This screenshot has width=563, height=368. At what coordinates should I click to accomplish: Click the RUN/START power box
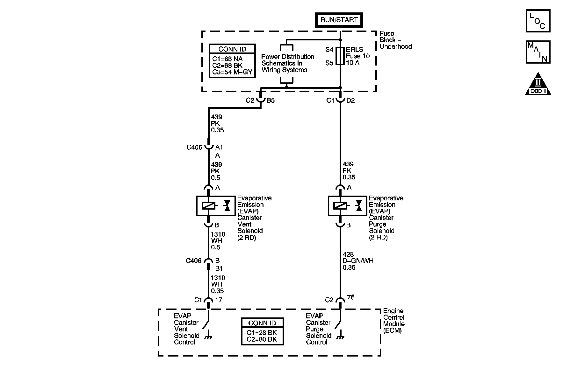[x=339, y=20]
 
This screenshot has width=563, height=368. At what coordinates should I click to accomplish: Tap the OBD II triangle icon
[x=538, y=83]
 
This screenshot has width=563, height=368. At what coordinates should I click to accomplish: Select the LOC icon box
[x=538, y=21]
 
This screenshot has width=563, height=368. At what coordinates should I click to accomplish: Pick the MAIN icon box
[x=538, y=52]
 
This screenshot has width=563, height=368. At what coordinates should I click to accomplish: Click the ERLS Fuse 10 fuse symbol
[x=340, y=56]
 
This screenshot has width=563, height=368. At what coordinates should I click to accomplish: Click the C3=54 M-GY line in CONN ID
[x=232, y=72]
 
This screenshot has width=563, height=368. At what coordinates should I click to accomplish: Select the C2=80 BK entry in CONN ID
[x=262, y=339]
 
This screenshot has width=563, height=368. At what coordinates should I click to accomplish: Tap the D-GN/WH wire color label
[x=358, y=261]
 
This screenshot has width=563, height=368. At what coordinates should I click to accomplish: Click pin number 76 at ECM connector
[x=350, y=297]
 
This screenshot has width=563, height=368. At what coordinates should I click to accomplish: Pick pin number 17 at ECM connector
[x=219, y=300]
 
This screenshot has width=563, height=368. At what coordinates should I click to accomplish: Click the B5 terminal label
[x=271, y=101]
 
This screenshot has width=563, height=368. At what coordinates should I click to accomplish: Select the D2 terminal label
[x=350, y=101]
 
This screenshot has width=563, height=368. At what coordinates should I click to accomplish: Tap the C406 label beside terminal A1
[x=194, y=148]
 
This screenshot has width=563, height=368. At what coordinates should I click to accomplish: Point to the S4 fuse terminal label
[x=329, y=50]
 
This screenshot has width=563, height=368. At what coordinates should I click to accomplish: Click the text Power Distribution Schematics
[x=288, y=60]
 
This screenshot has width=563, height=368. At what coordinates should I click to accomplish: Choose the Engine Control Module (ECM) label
[x=394, y=321]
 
